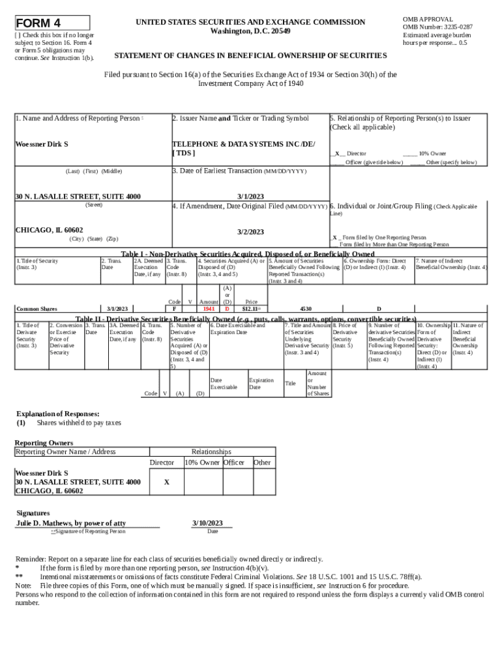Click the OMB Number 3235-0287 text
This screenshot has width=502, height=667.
pos(437,27)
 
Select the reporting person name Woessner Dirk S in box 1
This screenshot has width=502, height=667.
pos(42,144)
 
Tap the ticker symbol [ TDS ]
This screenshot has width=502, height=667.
pos(183,152)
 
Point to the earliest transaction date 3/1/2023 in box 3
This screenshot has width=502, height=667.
pos(250,196)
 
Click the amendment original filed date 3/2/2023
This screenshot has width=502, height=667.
pos(250,232)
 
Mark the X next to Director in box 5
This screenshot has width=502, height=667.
pos(336,154)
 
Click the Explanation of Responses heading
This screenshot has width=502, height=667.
pos(57,414)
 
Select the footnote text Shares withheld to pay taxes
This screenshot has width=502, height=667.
pos(79,423)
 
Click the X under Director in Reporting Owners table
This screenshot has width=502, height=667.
pos(166,482)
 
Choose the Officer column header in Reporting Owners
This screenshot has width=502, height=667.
pos(233,462)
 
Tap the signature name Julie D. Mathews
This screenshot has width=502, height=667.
pos(71,523)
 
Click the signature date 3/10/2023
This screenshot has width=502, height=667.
pos(207,523)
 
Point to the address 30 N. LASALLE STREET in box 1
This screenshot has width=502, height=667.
pos(78,196)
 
